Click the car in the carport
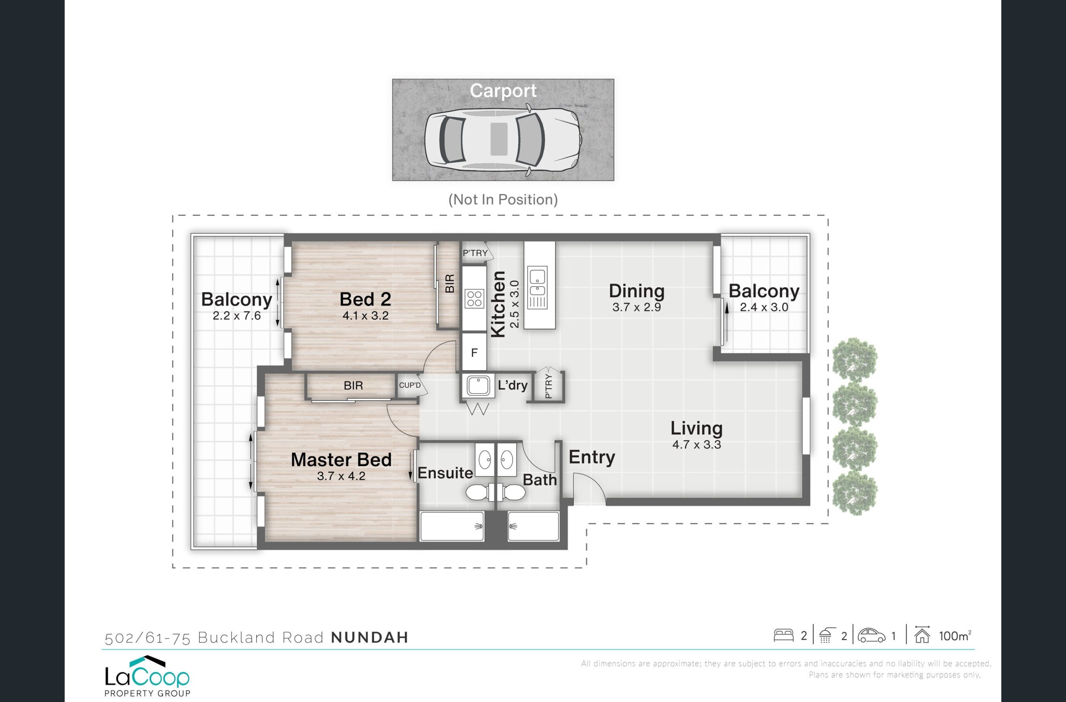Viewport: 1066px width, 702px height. (503, 139)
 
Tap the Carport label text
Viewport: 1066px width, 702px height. (503, 91)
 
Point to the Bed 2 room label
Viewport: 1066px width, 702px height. (366, 299)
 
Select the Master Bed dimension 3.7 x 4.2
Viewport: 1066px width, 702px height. (341, 476)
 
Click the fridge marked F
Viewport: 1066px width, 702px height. (474, 352)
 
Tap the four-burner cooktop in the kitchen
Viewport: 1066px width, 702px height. (474, 299)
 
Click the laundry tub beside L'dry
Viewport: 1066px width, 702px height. (478, 385)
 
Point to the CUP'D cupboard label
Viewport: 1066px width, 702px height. (410, 385)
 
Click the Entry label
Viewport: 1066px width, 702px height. (592, 457)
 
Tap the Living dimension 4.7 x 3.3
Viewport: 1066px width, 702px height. (697, 444)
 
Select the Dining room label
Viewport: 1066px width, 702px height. (636, 291)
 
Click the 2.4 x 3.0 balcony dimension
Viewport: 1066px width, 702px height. (764, 307)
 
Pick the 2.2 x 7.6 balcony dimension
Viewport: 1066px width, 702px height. (237, 316)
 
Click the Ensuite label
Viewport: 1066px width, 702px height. (445, 473)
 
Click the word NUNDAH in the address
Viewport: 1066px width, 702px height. (369, 638)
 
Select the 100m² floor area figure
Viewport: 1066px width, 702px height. (955, 636)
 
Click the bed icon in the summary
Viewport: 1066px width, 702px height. (783, 636)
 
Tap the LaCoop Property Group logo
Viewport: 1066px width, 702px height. (147, 676)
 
